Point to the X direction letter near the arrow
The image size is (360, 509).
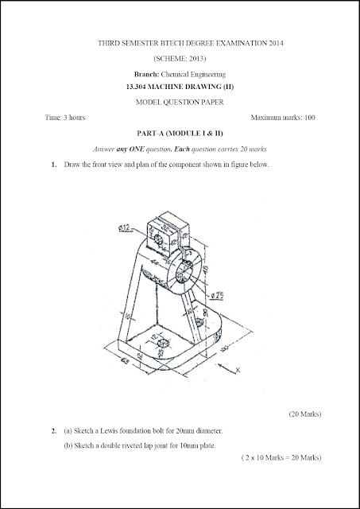click(x=237, y=370)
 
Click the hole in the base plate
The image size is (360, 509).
click(x=162, y=343)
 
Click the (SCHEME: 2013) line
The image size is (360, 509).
click(x=180, y=58)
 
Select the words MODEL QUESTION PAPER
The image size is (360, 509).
click(x=180, y=103)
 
